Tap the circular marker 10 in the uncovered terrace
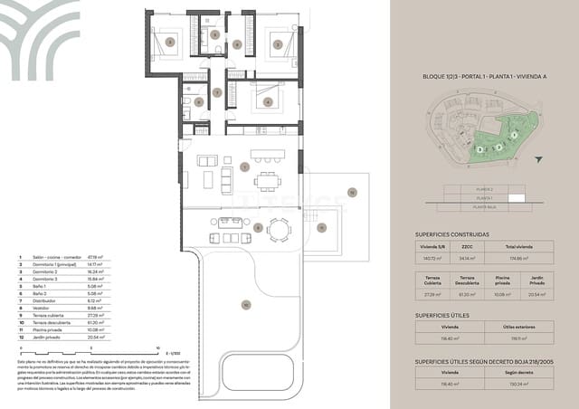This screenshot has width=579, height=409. [x=244, y=305]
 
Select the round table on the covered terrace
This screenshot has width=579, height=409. [x=279, y=232]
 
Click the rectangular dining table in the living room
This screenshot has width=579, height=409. [x=268, y=181]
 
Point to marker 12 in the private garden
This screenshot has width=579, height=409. [x=353, y=191]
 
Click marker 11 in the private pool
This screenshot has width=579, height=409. [x=321, y=227]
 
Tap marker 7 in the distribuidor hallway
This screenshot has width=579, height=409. [x=216, y=93]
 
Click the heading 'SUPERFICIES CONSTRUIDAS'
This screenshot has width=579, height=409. [x=451, y=233]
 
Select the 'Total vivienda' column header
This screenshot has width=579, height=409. [x=517, y=246]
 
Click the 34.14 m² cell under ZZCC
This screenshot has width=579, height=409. [x=466, y=258]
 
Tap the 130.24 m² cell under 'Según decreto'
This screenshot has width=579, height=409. [x=517, y=384]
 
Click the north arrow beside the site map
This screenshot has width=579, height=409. [x=539, y=159]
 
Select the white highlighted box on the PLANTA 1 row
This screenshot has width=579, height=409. [x=516, y=197]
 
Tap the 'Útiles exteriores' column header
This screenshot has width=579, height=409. [x=517, y=328]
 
